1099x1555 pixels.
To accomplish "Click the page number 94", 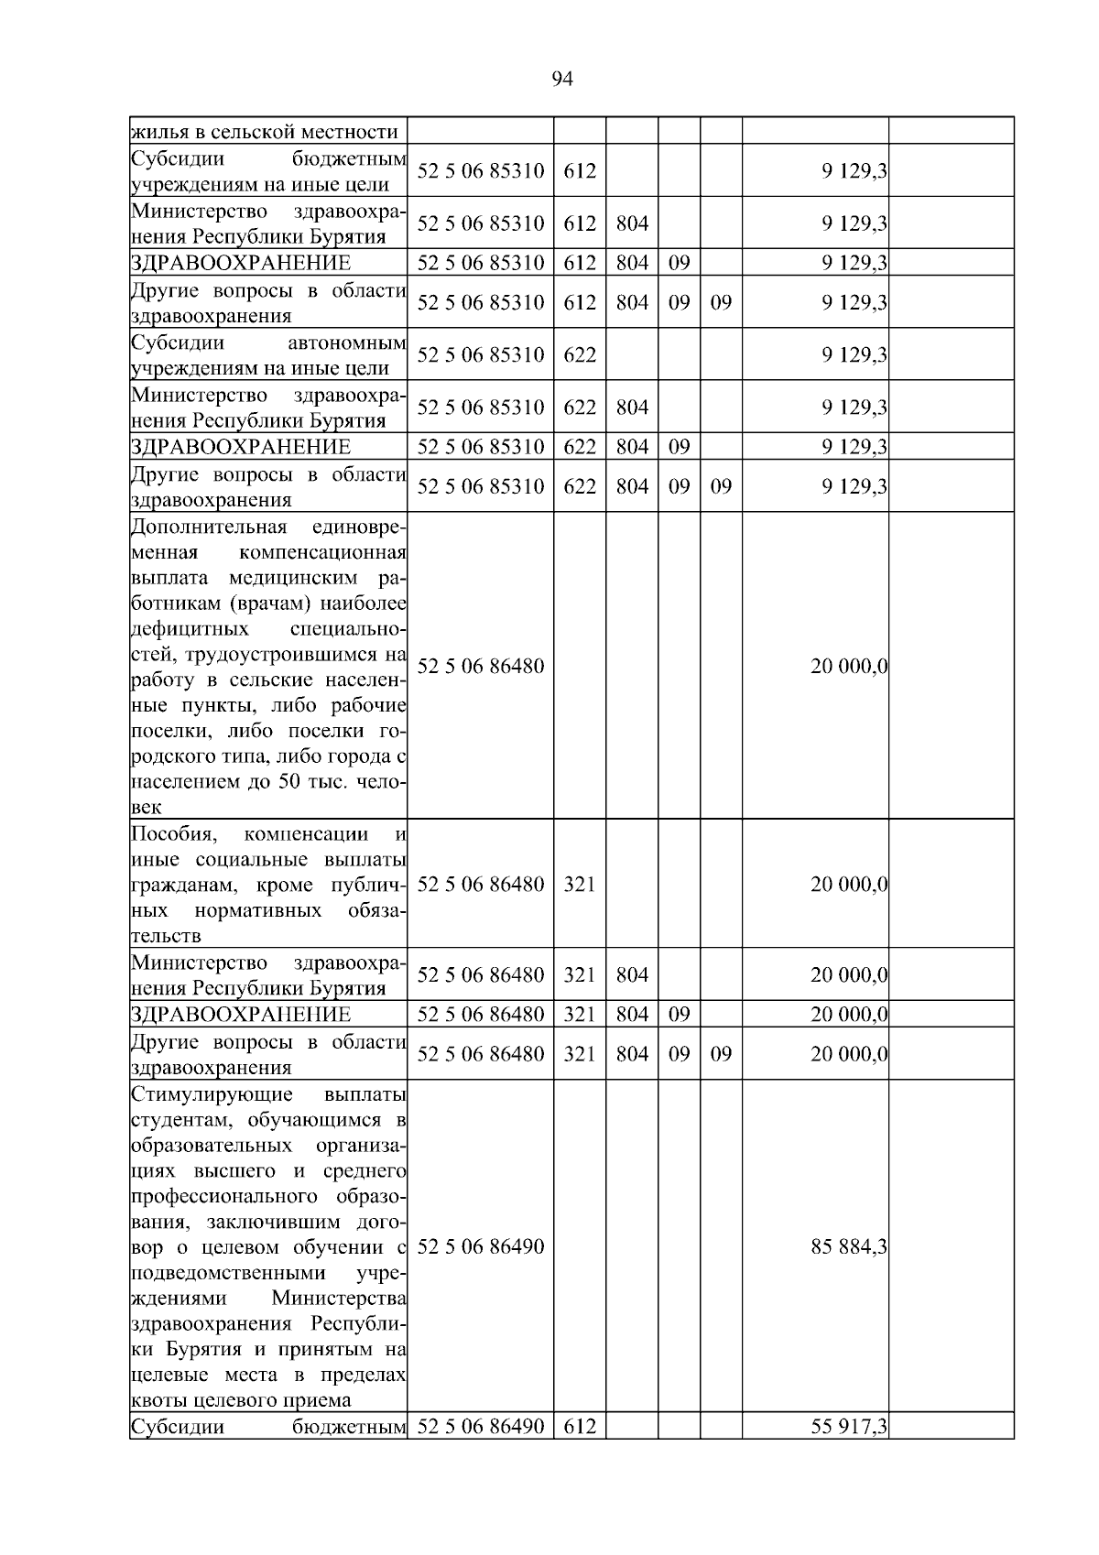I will (562, 80).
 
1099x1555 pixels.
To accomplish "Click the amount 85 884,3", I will (848, 1246).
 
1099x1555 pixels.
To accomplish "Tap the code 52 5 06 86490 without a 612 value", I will (481, 1246).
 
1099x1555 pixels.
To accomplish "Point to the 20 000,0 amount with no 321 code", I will (848, 666).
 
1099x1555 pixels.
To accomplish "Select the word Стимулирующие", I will (212, 1094).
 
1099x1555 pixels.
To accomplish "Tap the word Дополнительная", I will (209, 527).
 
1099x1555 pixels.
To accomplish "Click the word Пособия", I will (172, 834).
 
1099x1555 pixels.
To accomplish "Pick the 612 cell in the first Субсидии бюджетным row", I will (579, 171).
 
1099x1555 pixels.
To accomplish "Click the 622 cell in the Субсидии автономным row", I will (579, 354).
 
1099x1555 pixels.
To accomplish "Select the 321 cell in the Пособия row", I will (579, 885).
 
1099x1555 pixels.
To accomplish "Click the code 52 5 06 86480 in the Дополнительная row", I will (481, 666).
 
